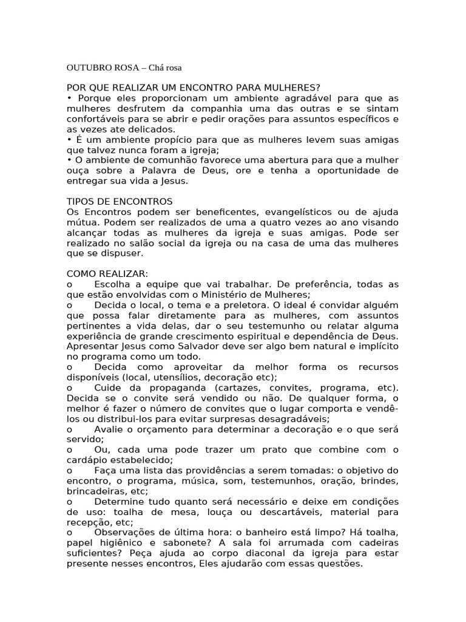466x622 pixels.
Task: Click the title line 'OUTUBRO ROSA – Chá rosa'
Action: (124, 67)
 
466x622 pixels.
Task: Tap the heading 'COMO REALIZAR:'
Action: (107, 274)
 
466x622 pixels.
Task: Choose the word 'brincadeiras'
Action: (94, 491)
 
